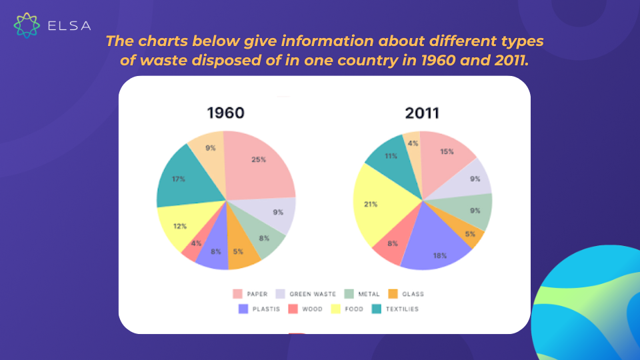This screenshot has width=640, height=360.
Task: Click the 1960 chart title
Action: (226, 113)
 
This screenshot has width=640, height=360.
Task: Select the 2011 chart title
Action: (422, 113)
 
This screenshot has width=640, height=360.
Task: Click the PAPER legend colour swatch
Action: (237, 294)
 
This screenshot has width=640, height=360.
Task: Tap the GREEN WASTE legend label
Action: (313, 294)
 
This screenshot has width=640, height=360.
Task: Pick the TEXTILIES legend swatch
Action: (376, 309)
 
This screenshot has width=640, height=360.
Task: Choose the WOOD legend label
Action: (312, 309)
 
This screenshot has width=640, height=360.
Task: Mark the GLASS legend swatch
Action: (393, 294)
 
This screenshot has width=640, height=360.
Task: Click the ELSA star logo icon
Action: (27, 25)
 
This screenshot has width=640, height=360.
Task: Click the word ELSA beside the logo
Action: (69, 26)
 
